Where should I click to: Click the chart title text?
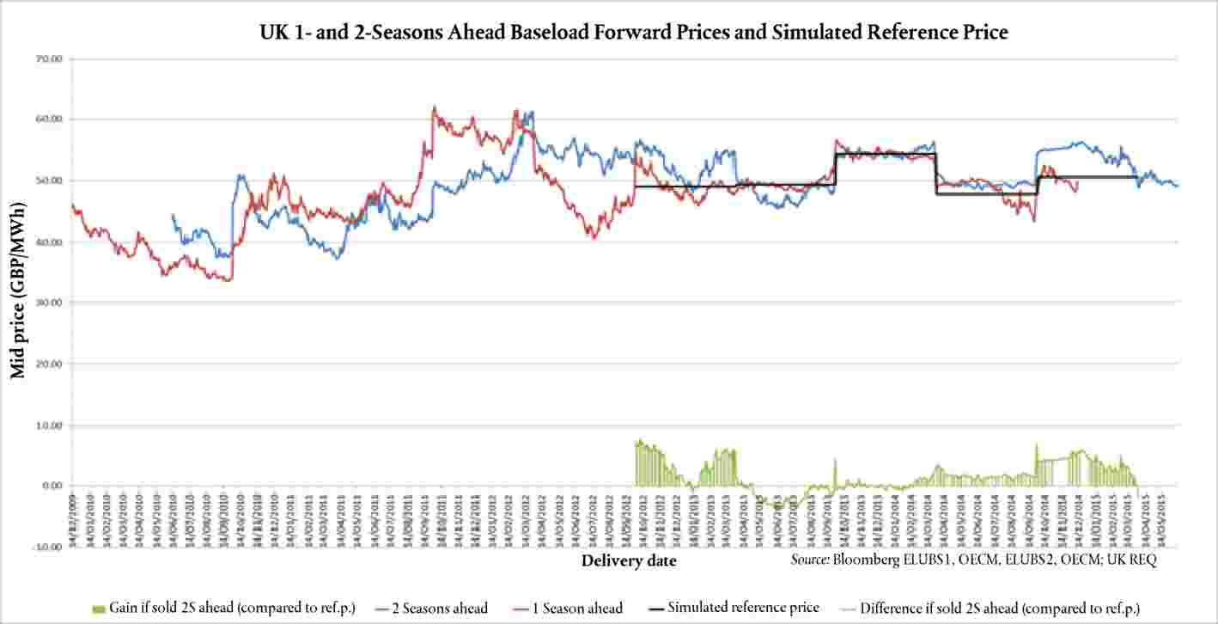(x=634, y=32)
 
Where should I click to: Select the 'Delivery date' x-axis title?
(x=628, y=561)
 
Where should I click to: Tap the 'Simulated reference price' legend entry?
(x=743, y=608)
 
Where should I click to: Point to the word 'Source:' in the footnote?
(x=812, y=560)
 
